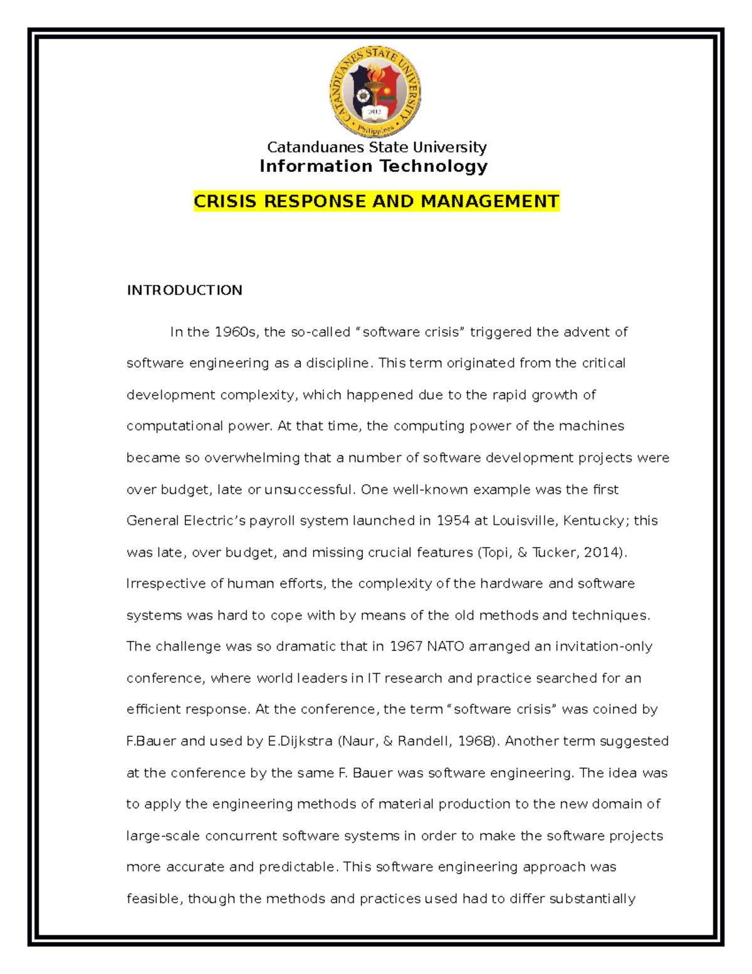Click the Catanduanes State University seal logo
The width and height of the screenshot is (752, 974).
(375, 92)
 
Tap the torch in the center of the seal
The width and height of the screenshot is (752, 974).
(375, 88)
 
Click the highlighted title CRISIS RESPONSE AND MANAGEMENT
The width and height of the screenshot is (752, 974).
(376, 201)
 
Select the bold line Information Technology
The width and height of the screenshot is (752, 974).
(373, 166)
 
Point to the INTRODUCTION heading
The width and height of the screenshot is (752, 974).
(184, 290)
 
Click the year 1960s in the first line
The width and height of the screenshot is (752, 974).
(236, 332)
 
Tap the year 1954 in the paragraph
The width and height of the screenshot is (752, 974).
(453, 521)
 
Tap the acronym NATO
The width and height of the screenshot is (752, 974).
(445, 647)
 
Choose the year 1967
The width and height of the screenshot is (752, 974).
(406, 647)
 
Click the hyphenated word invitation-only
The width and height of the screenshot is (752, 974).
(603, 647)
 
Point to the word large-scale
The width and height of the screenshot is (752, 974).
(164, 836)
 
